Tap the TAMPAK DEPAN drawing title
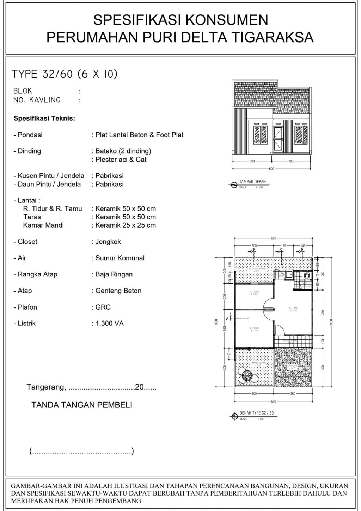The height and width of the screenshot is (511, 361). pos(252,182)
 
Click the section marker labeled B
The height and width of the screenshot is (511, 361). pos(253,250)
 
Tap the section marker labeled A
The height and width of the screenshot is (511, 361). pos(230,315)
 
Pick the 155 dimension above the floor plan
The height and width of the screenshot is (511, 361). pos(284,245)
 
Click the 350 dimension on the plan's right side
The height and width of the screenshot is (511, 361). pos(323,313)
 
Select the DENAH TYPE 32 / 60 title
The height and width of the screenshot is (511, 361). pos(256,413)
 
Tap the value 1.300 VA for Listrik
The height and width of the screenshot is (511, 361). pos(109,323)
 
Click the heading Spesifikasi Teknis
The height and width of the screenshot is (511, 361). pos(44,118)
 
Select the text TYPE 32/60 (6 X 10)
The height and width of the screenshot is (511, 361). pos(65,74)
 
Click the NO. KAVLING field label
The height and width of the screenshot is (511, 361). pos(37,100)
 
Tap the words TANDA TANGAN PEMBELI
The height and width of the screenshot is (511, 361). pos(82,405)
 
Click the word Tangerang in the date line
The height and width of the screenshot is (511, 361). pos(46,387)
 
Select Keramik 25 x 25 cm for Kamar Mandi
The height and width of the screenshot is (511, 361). pos(125,225)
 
